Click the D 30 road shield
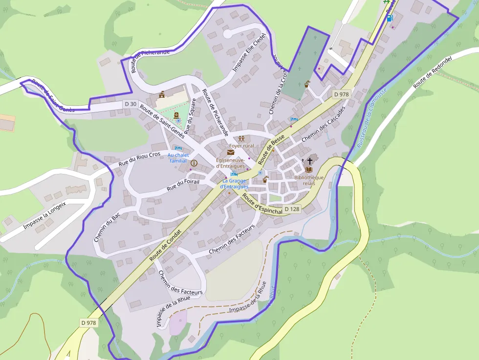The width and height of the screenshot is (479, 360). click(x=130, y=104)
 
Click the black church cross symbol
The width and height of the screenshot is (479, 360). click(x=309, y=160)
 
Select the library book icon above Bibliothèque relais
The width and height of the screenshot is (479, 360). click(x=308, y=169)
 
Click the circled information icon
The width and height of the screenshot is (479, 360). click(x=194, y=163)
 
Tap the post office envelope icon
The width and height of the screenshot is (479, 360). click(x=230, y=152)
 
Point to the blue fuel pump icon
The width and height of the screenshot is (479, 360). click(x=389, y=18)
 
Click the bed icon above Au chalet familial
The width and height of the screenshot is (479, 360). click(x=177, y=148)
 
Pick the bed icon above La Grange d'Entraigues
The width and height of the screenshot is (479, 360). click(x=234, y=173)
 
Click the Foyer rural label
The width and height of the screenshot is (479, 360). click(x=241, y=146)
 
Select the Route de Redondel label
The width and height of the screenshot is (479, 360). click(x=432, y=72)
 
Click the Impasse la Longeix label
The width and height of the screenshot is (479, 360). click(x=44, y=216)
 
